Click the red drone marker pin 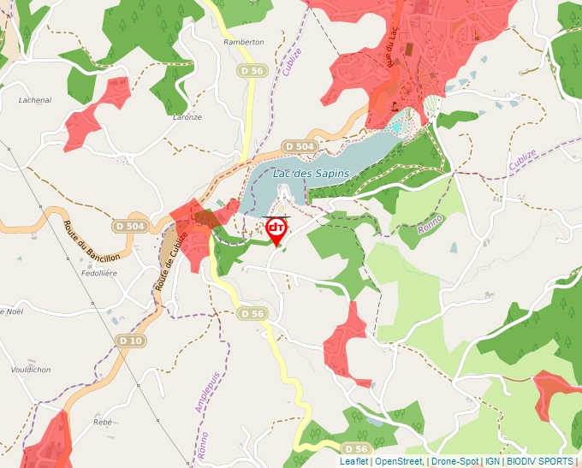(x=276, y=229)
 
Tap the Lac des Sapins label (x=312, y=174)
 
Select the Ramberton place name (x=243, y=42)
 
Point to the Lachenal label (x=35, y=100)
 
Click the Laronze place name (x=187, y=117)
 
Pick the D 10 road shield (x=131, y=341)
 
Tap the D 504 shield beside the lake (x=300, y=146)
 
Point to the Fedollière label (x=97, y=273)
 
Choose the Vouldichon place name (x=31, y=370)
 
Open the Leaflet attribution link (x=353, y=461)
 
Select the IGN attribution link (x=492, y=461)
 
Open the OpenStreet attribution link (x=400, y=461)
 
